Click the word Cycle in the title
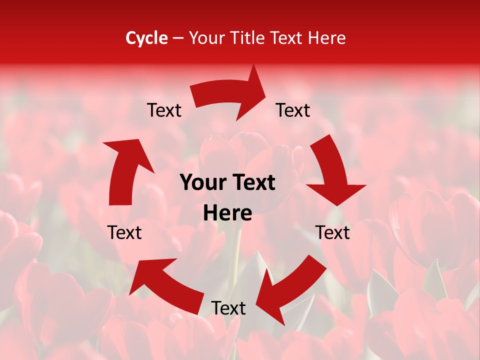tap(146, 38)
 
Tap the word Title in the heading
tap(247, 38)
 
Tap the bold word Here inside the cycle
tap(227, 213)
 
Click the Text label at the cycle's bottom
tap(228, 308)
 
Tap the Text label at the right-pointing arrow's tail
tap(164, 110)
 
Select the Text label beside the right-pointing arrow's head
tap(293, 110)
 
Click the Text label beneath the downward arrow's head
tap(332, 233)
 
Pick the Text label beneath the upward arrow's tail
tap(124, 233)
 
